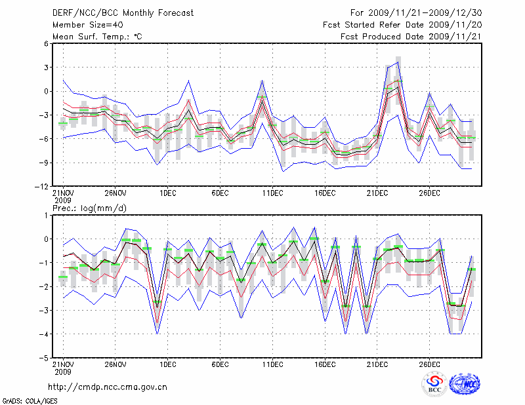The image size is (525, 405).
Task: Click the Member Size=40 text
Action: pos(83,24)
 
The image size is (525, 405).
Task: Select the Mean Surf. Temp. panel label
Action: pos(97,37)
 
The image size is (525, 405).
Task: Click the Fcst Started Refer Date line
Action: pos(403,24)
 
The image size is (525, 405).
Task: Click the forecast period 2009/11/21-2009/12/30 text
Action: pos(415,12)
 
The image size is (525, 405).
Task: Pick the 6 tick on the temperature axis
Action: pos(47,44)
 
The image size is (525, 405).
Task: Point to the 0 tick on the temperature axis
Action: pos(47,92)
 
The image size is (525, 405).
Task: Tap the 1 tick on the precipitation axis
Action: pos(47,216)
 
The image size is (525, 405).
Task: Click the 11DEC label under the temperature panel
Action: pos(272,193)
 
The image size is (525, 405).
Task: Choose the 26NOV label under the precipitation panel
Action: pos(115,365)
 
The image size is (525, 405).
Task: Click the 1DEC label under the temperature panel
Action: pos(167,193)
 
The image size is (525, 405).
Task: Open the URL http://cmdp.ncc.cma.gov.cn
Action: pos(108,387)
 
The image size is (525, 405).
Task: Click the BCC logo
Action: pos(434,385)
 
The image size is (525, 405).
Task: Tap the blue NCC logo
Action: pos(465,385)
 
